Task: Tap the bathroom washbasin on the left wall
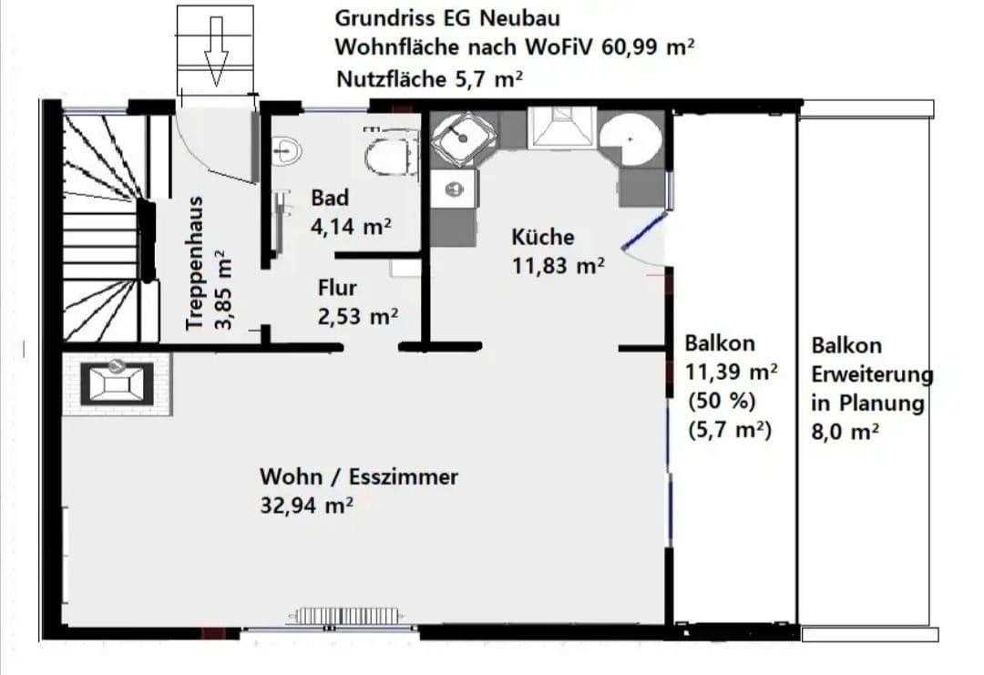tap(287, 149)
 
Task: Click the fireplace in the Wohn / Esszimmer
tap(117, 382)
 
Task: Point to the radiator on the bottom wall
tap(344, 617)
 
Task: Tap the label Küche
tap(543, 237)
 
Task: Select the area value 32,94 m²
tap(307, 506)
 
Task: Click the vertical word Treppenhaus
tap(192, 262)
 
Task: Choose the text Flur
tap(337, 288)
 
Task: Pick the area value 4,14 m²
tap(351, 225)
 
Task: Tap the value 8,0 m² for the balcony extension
tap(845, 432)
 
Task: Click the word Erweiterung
tap(872, 374)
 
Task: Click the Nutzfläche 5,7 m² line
tap(428, 79)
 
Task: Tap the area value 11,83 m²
tap(559, 265)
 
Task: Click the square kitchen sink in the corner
tap(464, 138)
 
